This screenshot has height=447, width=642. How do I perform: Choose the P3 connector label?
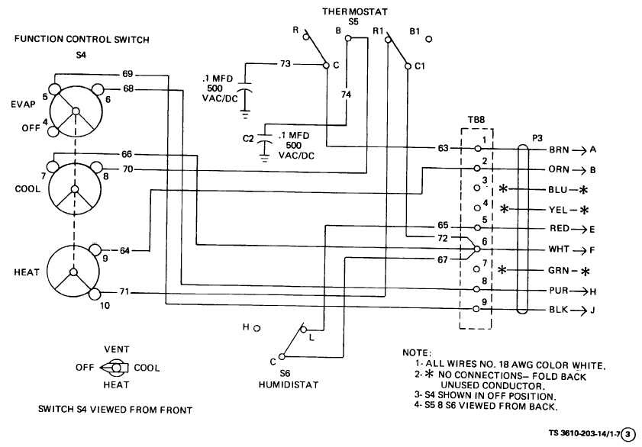538,138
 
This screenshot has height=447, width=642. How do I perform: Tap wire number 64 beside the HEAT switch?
124,250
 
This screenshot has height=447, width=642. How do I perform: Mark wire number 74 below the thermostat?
346,94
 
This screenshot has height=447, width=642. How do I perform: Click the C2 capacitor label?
247,139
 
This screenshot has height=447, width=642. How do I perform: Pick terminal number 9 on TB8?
484,304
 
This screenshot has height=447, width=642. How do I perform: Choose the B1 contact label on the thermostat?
415,32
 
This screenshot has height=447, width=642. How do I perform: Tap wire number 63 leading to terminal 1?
442,148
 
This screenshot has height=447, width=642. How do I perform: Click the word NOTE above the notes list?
416,352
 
